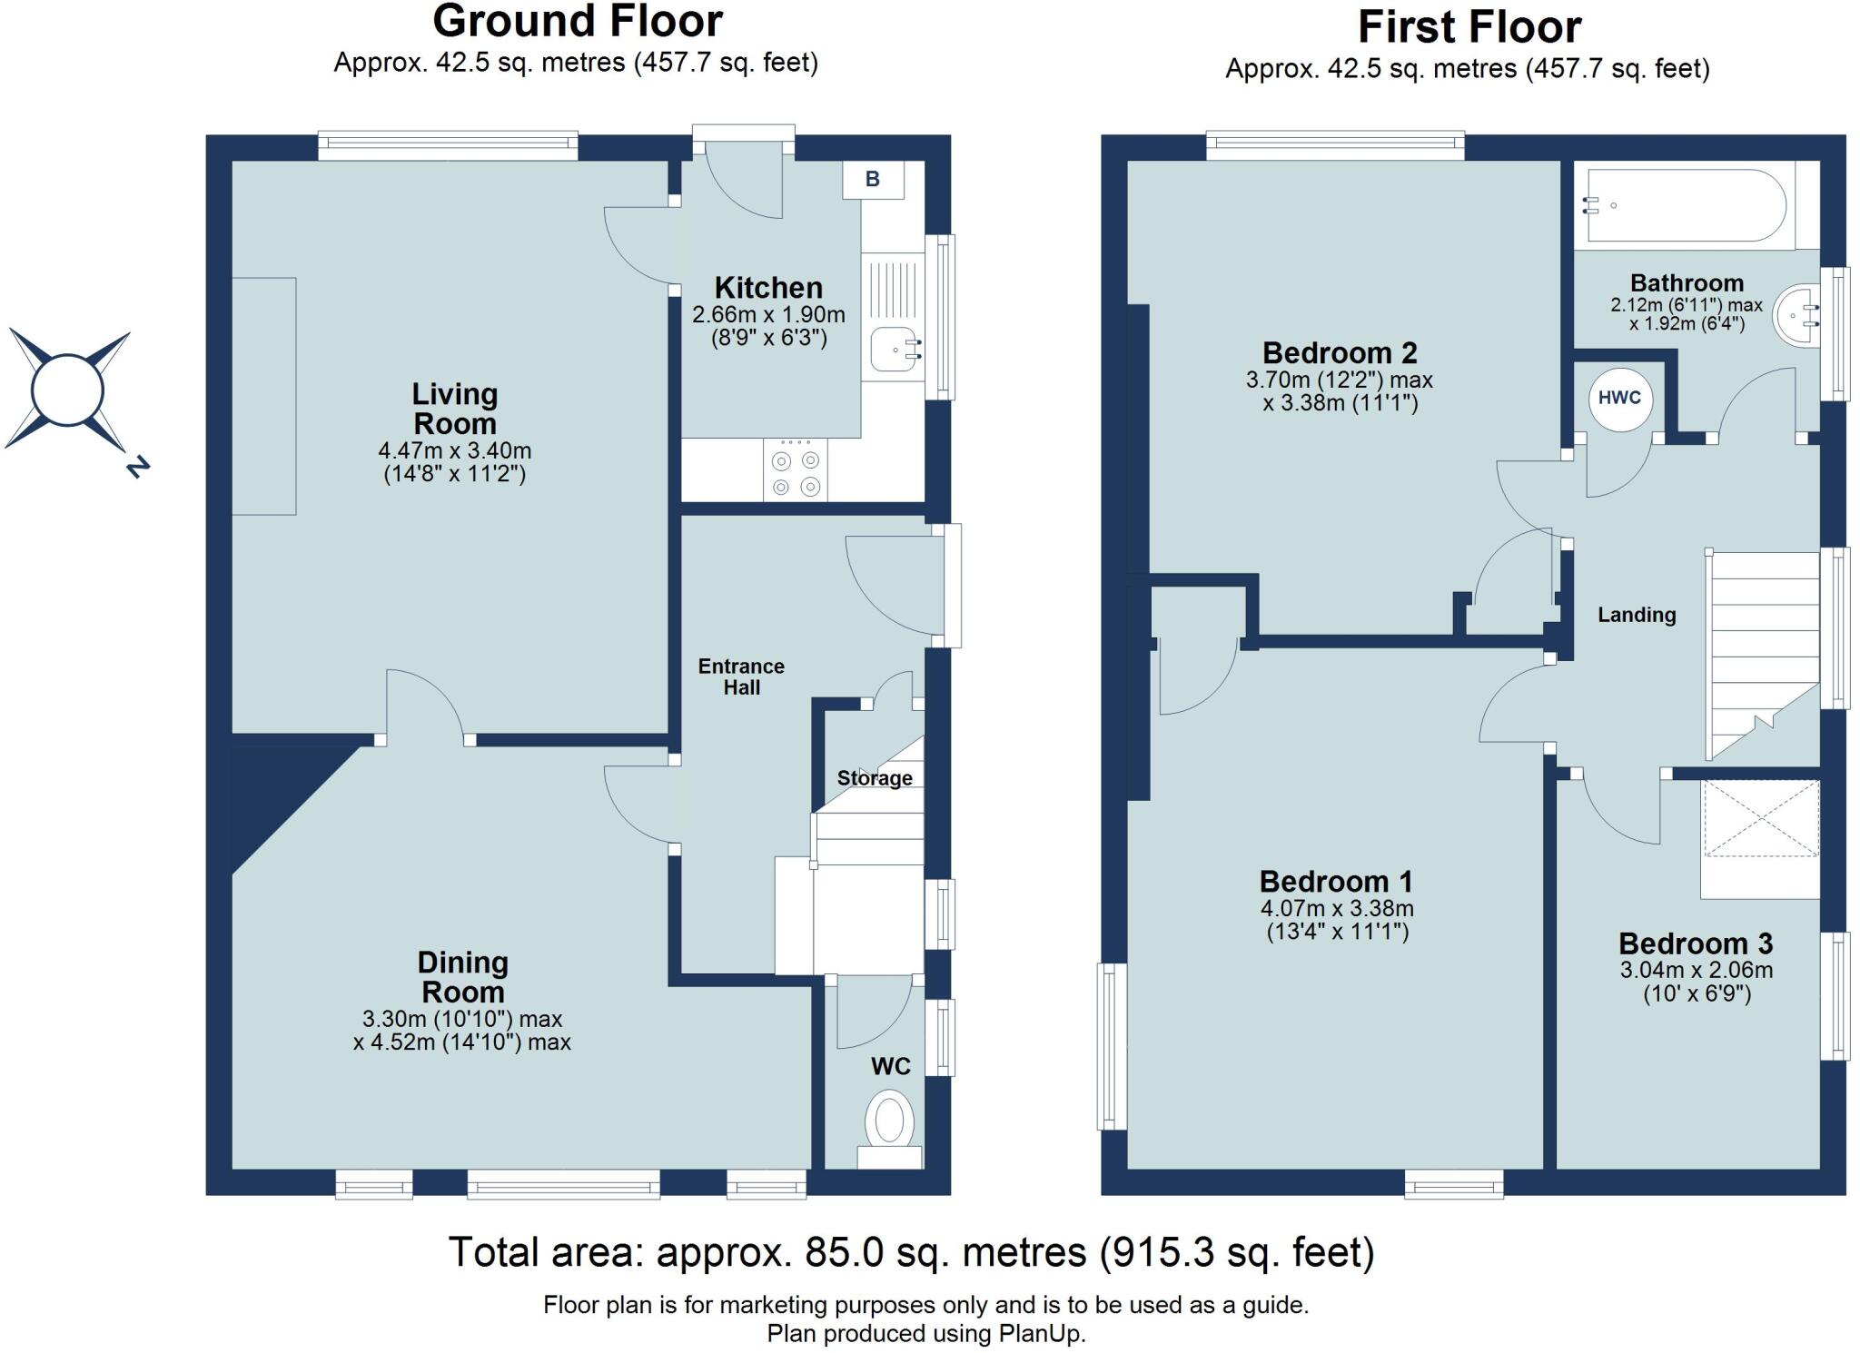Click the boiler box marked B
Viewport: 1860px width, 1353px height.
873,180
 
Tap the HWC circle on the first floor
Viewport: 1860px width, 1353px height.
1619,398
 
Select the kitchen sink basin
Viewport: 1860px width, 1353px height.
895,349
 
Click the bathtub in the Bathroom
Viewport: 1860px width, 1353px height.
1685,205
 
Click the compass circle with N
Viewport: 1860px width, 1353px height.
67,390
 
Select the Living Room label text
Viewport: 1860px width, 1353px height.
454,409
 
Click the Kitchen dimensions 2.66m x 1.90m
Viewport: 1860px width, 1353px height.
768,315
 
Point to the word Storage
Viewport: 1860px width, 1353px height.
875,778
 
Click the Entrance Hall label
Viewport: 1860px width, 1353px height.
741,676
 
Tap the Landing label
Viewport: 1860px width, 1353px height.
1637,615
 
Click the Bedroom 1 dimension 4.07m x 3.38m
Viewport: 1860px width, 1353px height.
1336,909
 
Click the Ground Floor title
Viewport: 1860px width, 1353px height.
578,22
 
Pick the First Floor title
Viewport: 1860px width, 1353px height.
1469,27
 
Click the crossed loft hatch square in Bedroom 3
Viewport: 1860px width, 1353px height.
1760,818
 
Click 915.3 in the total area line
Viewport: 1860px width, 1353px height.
1159,1252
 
